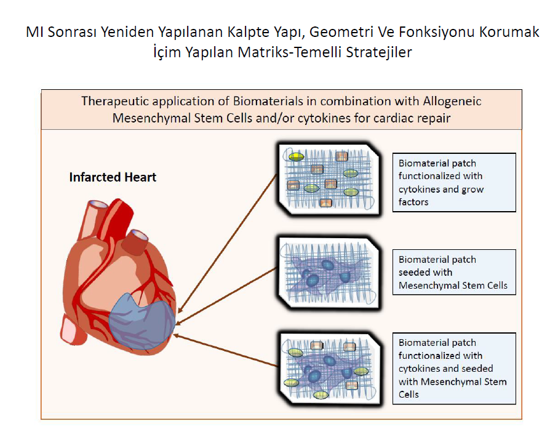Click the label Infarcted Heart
point(113,177)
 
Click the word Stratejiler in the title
point(378,52)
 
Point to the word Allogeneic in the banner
point(452,101)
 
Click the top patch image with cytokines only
point(329,179)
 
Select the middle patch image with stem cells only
point(329,273)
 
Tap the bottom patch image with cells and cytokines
point(330,369)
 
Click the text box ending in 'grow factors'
point(454,182)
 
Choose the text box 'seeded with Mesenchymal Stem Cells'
point(454,272)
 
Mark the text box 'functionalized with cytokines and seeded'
point(454,368)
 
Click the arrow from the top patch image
point(227,244)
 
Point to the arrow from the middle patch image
point(226,296)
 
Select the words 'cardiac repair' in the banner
point(411,118)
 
